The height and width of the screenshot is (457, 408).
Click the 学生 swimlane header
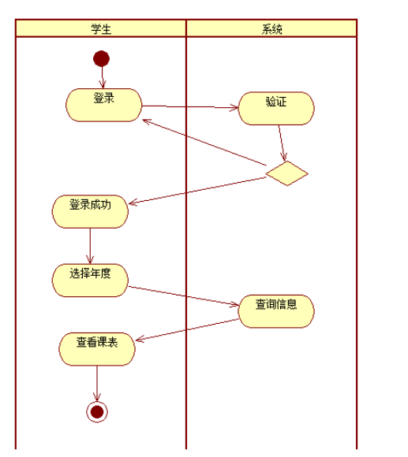tap(101, 29)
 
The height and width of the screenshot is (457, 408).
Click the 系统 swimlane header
tap(271, 29)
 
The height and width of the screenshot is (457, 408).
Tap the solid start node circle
tap(101, 58)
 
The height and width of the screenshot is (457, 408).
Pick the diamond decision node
tap(286, 173)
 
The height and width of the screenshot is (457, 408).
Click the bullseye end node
tap(97, 411)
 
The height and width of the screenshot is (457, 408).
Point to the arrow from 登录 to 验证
tap(189, 107)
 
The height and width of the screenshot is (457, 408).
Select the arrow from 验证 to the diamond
tap(283, 143)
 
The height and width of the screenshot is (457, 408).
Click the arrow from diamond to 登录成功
tap(197, 191)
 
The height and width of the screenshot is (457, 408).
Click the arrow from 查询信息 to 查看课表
tap(186, 330)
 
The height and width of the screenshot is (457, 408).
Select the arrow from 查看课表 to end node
tap(97, 384)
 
